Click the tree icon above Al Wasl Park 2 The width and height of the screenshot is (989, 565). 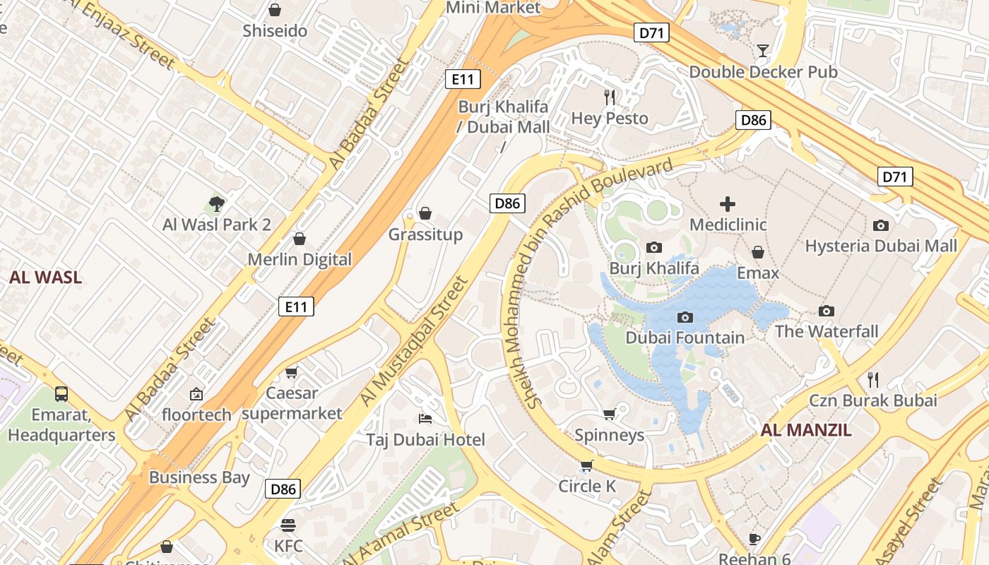click(217, 204)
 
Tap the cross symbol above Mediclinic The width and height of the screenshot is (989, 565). click(728, 205)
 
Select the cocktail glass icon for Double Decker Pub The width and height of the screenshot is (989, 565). click(763, 50)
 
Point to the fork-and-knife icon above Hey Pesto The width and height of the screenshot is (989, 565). click(610, 97)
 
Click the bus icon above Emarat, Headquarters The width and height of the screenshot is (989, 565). click(61, 394)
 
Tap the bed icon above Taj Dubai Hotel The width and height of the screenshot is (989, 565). click(425, 419)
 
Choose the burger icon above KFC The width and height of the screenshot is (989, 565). click(288, 525)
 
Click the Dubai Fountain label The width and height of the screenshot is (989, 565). click(685, 338)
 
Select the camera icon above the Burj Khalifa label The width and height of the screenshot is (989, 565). click(654, 247)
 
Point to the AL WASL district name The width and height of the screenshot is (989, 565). click(46, 278)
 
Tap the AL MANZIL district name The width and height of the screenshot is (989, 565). click(806, 430)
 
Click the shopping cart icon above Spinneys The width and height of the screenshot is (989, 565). click(609, 414)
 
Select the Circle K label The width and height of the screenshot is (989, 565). click(587, 486)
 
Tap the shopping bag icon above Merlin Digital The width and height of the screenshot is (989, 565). click(300, 239)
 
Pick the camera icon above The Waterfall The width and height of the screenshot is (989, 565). click(827, 311)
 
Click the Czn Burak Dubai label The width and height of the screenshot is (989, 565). click(873, 400)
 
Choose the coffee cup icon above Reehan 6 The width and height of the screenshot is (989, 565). click(754, 539)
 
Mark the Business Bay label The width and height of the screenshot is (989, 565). click(199, 477)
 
